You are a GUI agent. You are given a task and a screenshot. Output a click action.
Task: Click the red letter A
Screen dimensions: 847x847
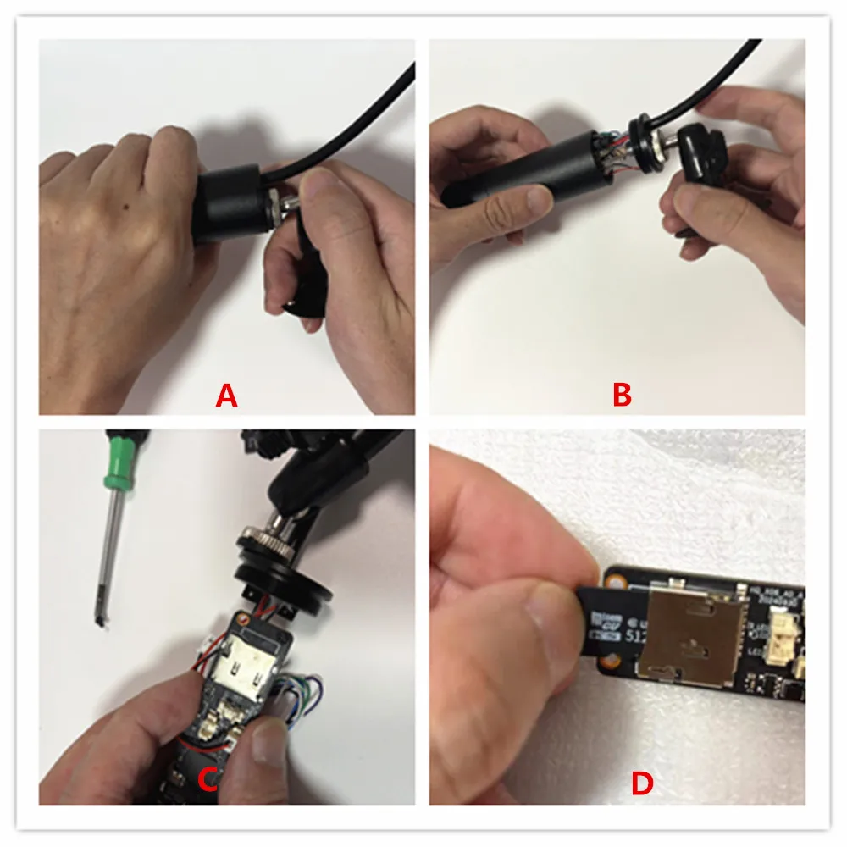pos(226,395)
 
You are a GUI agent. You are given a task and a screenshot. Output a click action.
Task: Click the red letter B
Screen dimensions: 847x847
pos(623,395)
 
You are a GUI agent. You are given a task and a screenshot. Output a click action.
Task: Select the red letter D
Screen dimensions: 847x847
pos(642,784)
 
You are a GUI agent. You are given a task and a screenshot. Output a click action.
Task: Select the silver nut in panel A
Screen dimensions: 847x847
pos(278,204)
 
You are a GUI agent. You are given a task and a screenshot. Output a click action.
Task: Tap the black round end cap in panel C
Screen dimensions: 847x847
pos(292,593)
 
